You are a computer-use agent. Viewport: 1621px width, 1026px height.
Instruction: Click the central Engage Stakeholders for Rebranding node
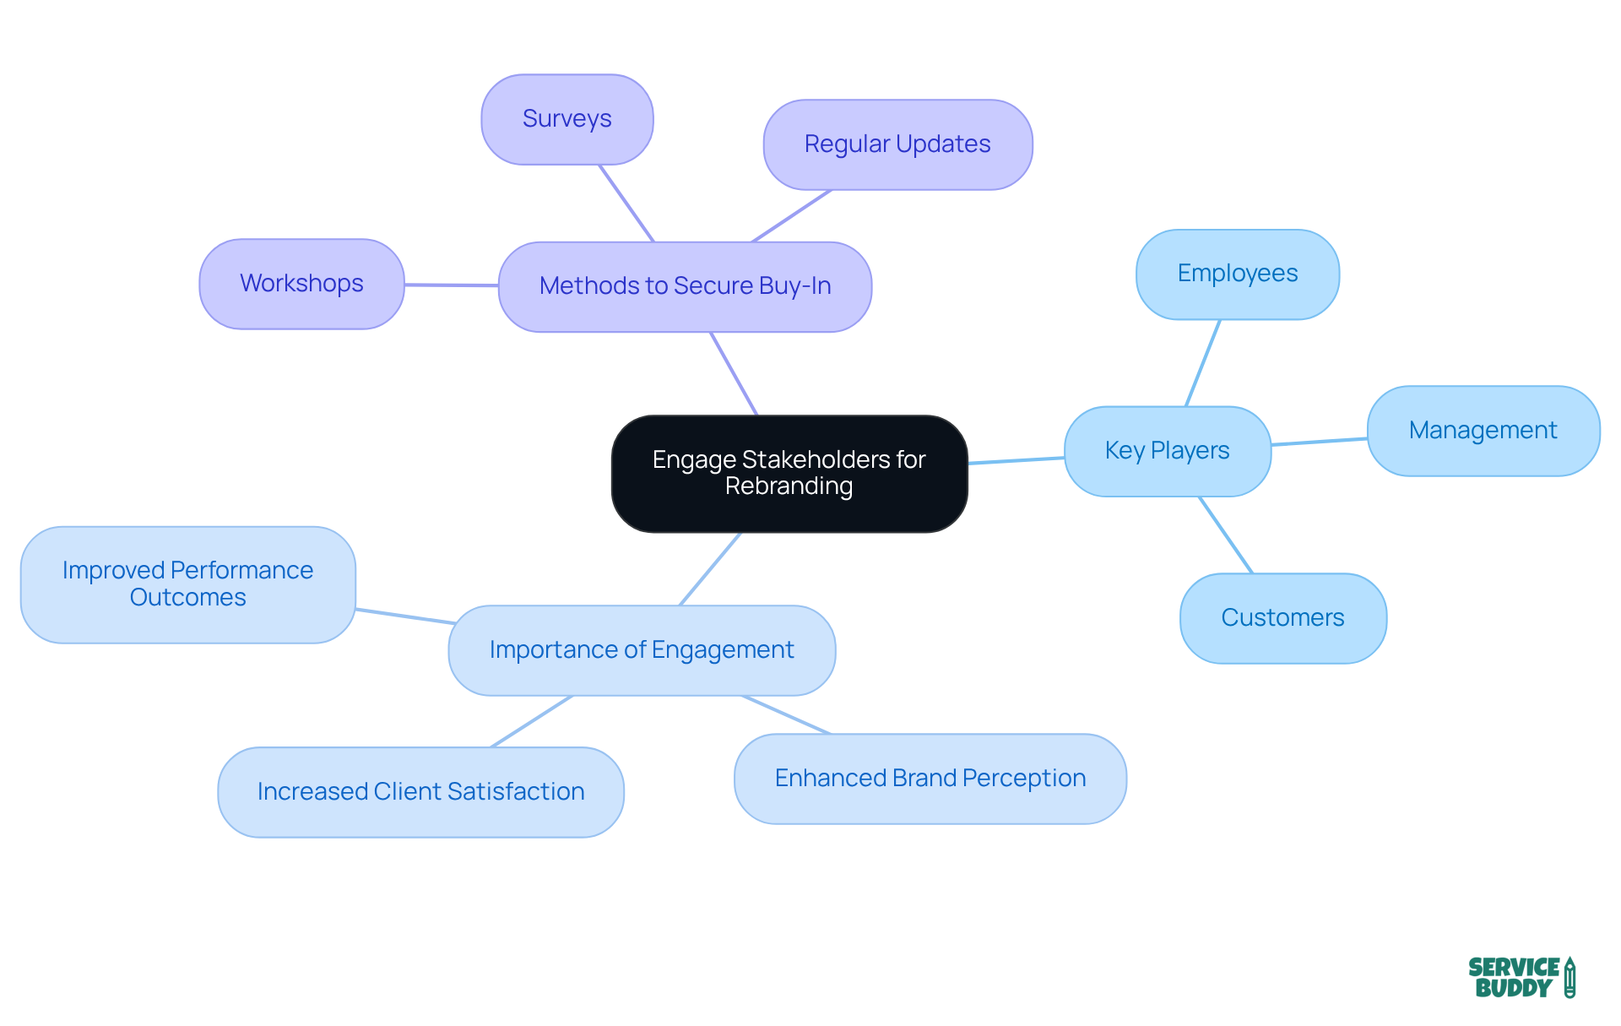click(x=789, y=473)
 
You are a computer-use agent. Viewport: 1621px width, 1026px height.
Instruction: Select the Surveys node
click(x=567, y=119)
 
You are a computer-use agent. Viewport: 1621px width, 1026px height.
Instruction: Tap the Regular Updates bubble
click(x=897, y=144)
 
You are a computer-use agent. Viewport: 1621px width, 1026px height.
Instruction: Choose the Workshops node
click(x=301, y=284)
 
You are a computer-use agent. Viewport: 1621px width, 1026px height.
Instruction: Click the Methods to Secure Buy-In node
click(x=684, y=286)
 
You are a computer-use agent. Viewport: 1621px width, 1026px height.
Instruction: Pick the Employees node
click(x=1237, y=274)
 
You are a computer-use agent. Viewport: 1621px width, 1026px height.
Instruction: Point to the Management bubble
click(x=1483, y=431)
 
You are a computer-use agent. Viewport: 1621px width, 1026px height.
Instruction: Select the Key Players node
click(x=1167, y=451)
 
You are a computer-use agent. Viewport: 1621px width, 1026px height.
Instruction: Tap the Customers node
click(x=1282, y=618)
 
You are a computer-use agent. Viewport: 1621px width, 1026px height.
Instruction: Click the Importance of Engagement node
click(x=641, y=650)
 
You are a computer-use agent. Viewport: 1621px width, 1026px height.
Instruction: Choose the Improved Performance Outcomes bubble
click(x=187, y=584)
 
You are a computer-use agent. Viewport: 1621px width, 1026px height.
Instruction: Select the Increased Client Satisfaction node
click(x=420, y=792)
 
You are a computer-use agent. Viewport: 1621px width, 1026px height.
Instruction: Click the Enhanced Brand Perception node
click(x=930, y=779)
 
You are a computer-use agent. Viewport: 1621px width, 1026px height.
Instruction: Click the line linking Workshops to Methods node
click(x=451, y=285)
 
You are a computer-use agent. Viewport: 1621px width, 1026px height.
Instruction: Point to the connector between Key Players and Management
click(x=1319, y=442)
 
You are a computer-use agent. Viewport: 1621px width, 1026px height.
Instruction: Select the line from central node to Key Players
click(x=1016, y=460)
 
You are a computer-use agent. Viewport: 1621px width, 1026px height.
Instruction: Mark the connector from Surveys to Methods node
click(x=626, y=204)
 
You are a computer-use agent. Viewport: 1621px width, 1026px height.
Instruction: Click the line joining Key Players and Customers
click(x=1226, y=535)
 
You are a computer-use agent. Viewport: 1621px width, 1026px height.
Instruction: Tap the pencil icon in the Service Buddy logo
click(x=1569, y=977)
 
